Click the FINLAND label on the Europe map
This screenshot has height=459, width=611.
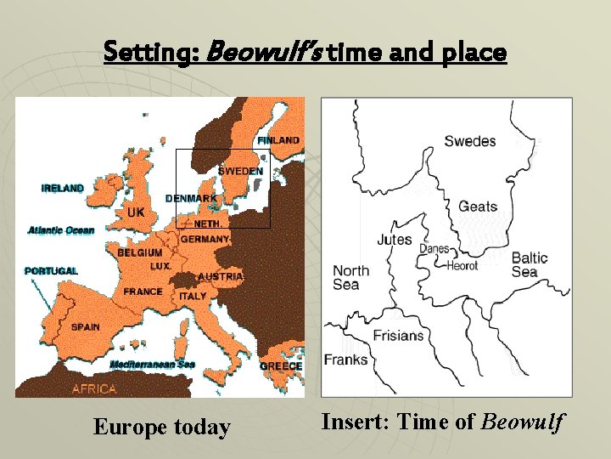coord(278,140)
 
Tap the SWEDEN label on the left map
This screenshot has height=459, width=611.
coord(240,171)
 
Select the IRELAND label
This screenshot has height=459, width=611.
coord(63,189)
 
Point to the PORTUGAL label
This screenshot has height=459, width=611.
coord(51,271)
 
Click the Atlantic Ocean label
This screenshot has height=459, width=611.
coord(61,230)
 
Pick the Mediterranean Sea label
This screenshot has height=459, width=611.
coord(153,365)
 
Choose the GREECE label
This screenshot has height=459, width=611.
coord(281,366)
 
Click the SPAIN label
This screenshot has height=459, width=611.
coord(85,326)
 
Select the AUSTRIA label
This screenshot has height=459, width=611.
coord(221,277)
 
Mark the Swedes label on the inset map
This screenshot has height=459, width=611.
coord(469,141)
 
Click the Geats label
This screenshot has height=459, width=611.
coord(478,207)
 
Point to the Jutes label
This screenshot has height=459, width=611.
coord(395,240)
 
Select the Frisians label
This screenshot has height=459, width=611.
coord(398,335)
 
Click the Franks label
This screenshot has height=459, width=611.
coord(345,360)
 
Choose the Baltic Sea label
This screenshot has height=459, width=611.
coord(529,264)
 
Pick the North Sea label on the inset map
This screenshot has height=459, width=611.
coord(350,278)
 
